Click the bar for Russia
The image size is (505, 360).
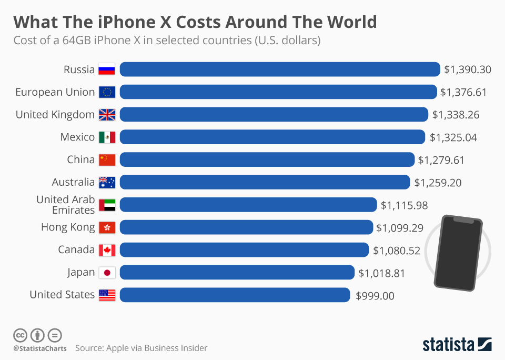[280, 69]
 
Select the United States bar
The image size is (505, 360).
[235, 295]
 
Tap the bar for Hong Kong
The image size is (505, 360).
[246, 227]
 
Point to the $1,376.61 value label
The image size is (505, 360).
[463, 92]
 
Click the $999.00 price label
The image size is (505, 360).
[375, 296]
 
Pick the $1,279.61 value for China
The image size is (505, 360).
[441, 159]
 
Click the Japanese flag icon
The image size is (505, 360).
[107, 273]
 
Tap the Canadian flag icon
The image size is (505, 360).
[107, 250]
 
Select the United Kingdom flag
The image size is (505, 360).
[107, 115]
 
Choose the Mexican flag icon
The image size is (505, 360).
[107, 137]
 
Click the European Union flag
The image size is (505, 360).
[107, 92]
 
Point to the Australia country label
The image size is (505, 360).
[73, 182]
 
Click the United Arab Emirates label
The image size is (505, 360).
[65, 205]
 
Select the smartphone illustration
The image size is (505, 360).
[457, 252]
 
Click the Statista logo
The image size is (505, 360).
[457, 344]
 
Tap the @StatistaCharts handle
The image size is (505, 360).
[40, 348]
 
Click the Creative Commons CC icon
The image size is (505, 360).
[20, 335]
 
